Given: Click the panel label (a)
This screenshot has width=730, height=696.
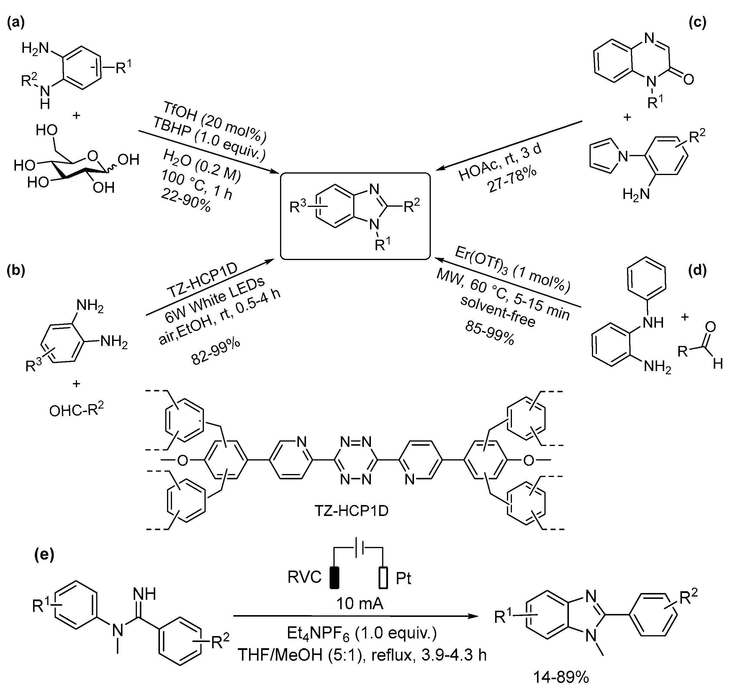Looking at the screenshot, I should tap(16, 23).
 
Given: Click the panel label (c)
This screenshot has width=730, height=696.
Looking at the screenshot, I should tap(697, 23).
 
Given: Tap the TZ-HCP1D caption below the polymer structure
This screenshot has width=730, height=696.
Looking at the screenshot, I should tap(351, 511).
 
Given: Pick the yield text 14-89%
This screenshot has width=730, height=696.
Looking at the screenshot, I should tap(561, 677).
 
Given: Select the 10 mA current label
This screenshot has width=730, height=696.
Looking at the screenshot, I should tap(359, 604).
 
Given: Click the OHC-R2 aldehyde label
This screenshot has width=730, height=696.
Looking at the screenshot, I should tap(76, 410).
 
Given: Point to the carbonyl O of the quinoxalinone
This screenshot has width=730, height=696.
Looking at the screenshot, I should tap(688, 79).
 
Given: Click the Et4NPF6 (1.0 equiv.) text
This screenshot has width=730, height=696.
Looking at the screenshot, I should tap(362, 633).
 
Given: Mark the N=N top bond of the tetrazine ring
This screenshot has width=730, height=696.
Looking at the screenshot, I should tap(356, 442).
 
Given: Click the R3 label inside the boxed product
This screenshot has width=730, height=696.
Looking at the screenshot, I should tap(298, 207).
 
